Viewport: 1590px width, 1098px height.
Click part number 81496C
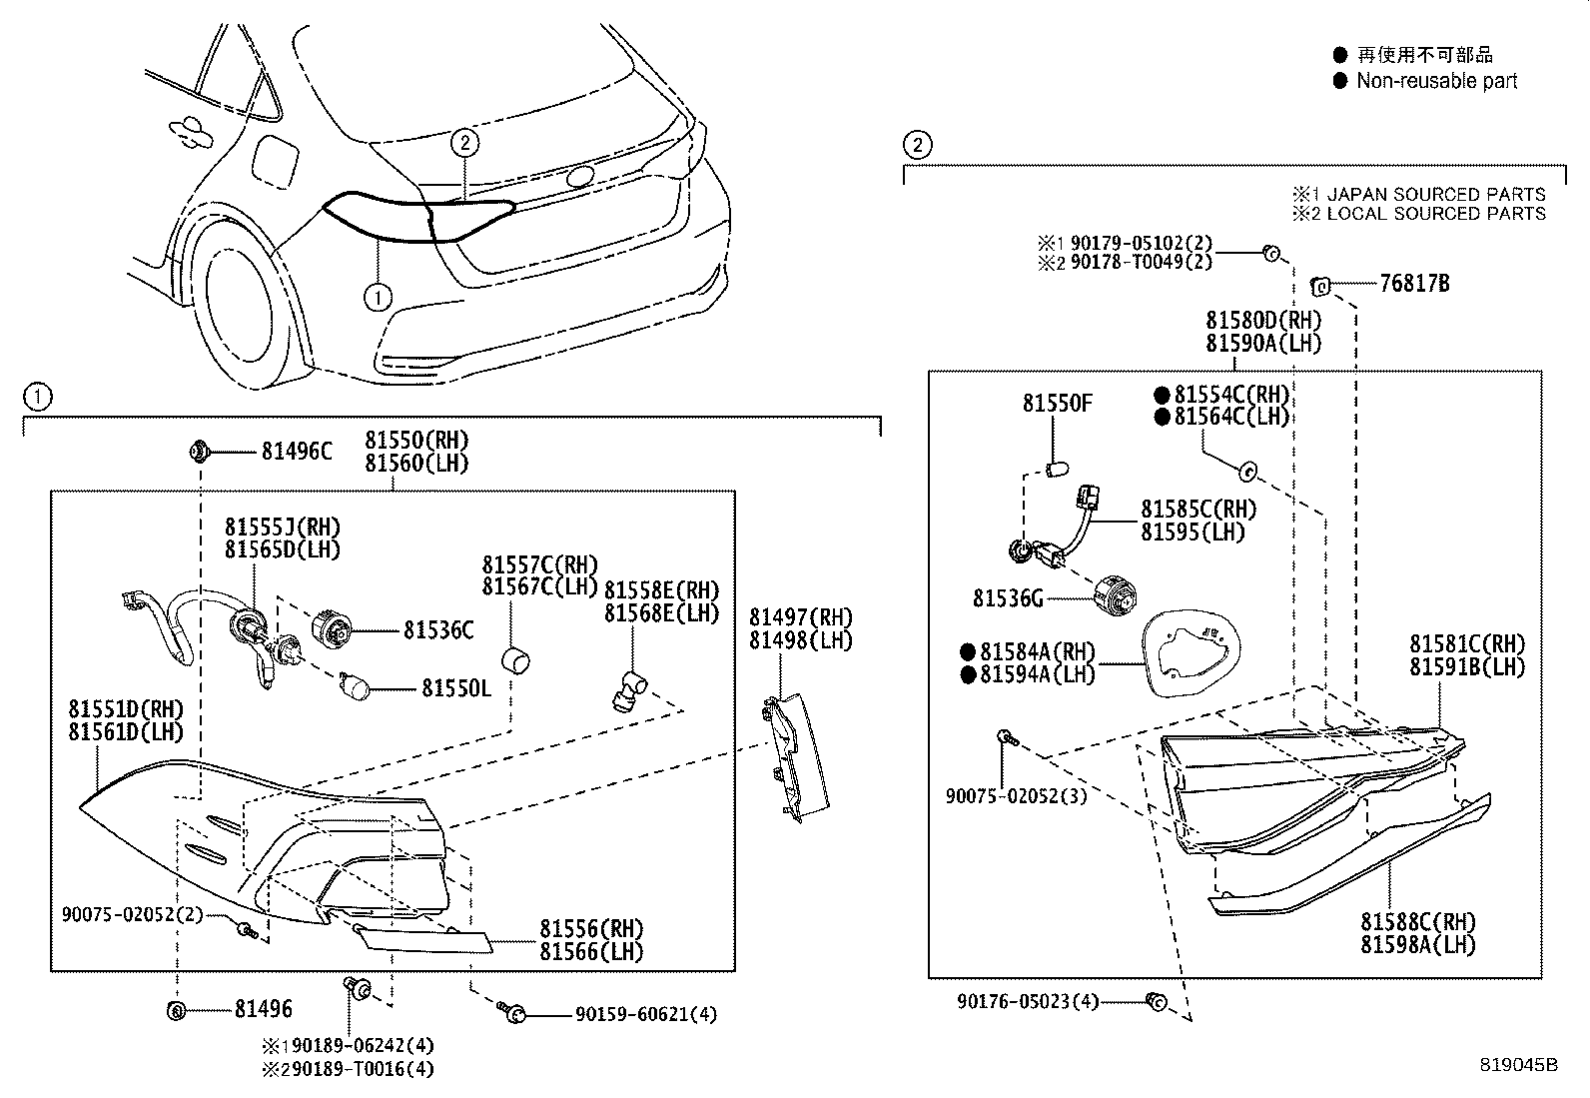(296, 452)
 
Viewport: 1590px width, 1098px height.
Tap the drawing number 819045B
(1518, 1065)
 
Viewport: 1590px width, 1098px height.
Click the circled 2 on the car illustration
(464, 144)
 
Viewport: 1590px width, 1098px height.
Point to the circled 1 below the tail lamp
(378, 297)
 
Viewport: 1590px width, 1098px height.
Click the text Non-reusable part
(1436, 82)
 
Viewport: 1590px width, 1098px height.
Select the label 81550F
(1057, 404)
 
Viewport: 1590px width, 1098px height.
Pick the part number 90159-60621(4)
(645, 1015)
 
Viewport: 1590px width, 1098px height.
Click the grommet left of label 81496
(176, 1010)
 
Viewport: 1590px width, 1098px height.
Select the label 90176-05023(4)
(1028, 1001)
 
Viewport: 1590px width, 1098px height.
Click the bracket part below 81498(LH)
(795, 757)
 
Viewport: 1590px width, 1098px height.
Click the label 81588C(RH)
(1417, 921)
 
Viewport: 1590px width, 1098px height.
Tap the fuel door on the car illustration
(273, 159)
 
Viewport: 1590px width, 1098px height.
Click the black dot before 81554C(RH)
(1162, 395)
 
